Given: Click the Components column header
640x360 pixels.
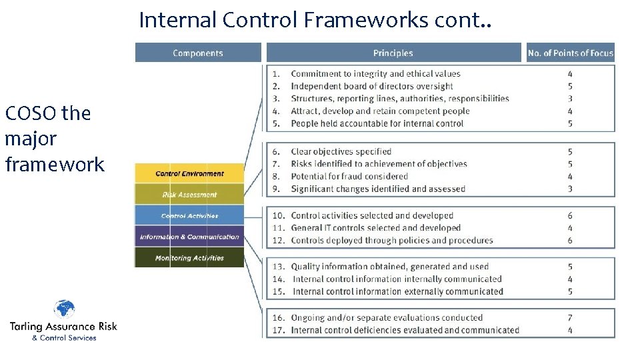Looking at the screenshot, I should pyautogui.click(x=198, y=53).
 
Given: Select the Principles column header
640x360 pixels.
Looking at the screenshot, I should pyautogui.click(x=393, y=53).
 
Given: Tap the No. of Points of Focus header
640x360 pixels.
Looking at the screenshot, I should pyautogui.click(x=570, y=53).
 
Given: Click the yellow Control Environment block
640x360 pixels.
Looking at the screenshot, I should pyautogui.click(x=190, y=174).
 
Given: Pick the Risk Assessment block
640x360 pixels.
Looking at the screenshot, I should pyautogui.click(x=190, y=195).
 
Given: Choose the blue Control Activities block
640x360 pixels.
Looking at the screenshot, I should pyautogui.click(x=190, y=216).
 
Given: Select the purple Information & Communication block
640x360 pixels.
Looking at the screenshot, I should pyautogui.click(x=190, y=237).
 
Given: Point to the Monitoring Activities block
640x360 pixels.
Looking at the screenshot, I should pyautogui.click(x=190, y=258).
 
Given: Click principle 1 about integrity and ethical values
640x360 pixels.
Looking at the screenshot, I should pyautogui.click(x=375, y=73).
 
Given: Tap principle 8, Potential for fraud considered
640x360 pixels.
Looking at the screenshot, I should pyautogui.click(x=349, y=177).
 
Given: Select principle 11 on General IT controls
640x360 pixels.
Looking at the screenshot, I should pyautogui.click(x=375, y=228).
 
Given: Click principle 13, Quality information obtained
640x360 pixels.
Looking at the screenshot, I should pyautogui.click(x=389, y=267).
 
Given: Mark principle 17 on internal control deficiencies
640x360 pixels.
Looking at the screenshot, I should pyautogui.click(x=405, y=330).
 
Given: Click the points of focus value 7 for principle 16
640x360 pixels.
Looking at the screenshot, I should pyautogui.click(x=570, y=318).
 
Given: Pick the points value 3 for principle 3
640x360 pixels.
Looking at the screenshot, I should pyautogui.click(x=570, y=99).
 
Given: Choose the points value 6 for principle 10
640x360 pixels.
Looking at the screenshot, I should pyautogui.click(x=570, y=216).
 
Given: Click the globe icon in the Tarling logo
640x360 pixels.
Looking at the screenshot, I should pyautogui.click(x=64, y=310).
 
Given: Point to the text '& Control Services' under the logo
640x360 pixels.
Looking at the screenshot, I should pyautogui.click(x=64, y=338).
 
